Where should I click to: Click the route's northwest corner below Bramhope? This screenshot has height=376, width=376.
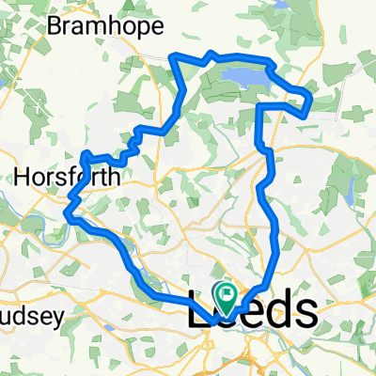pyautogui.click(x=173, y=57)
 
